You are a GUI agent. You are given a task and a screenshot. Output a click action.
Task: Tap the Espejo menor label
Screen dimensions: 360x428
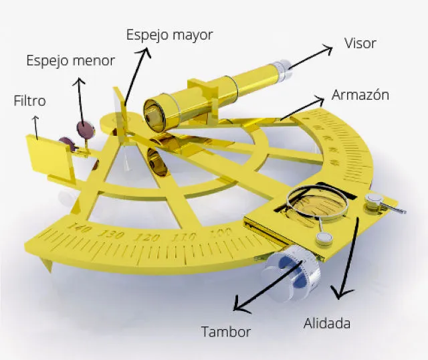[x=70, y=61]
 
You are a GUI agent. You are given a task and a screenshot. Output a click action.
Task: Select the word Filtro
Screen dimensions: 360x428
[x=29, y=102]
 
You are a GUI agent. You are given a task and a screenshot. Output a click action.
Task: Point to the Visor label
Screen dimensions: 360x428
[x=360, y=43]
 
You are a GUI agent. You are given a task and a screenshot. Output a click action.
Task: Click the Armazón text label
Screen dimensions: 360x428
[x=360, y=95]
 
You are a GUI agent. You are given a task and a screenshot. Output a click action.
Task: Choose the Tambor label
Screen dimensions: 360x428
[x=226, y=331]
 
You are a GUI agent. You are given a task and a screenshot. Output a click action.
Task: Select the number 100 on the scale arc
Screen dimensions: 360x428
[x=216, y=233]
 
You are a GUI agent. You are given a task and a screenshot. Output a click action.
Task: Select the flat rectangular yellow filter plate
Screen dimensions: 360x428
[x=52, y=155]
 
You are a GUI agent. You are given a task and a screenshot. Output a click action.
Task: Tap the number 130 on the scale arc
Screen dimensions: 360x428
[x=114, y=234]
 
